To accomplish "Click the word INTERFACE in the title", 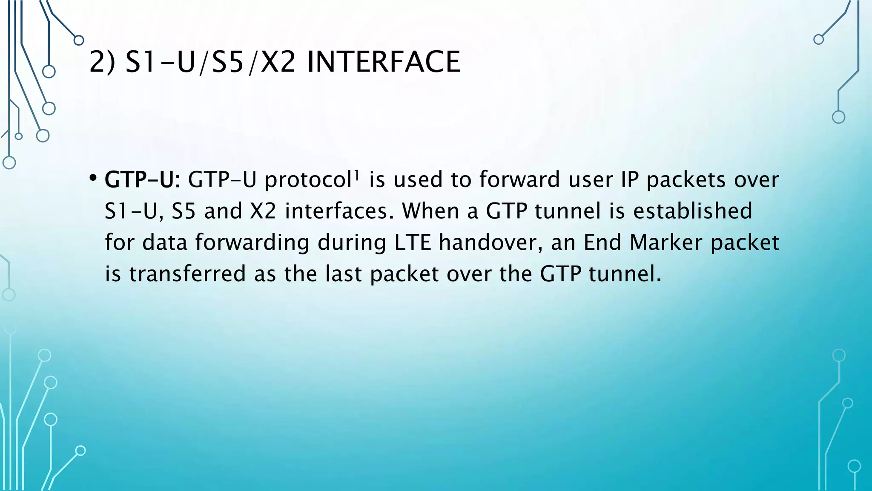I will click(383, 62).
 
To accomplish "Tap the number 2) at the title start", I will click(102, 62).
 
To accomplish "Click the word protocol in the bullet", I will click(307, 179).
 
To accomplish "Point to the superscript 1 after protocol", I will click(356, 173).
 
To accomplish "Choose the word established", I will click(693, 211).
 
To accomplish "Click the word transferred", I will click(187, 274).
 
